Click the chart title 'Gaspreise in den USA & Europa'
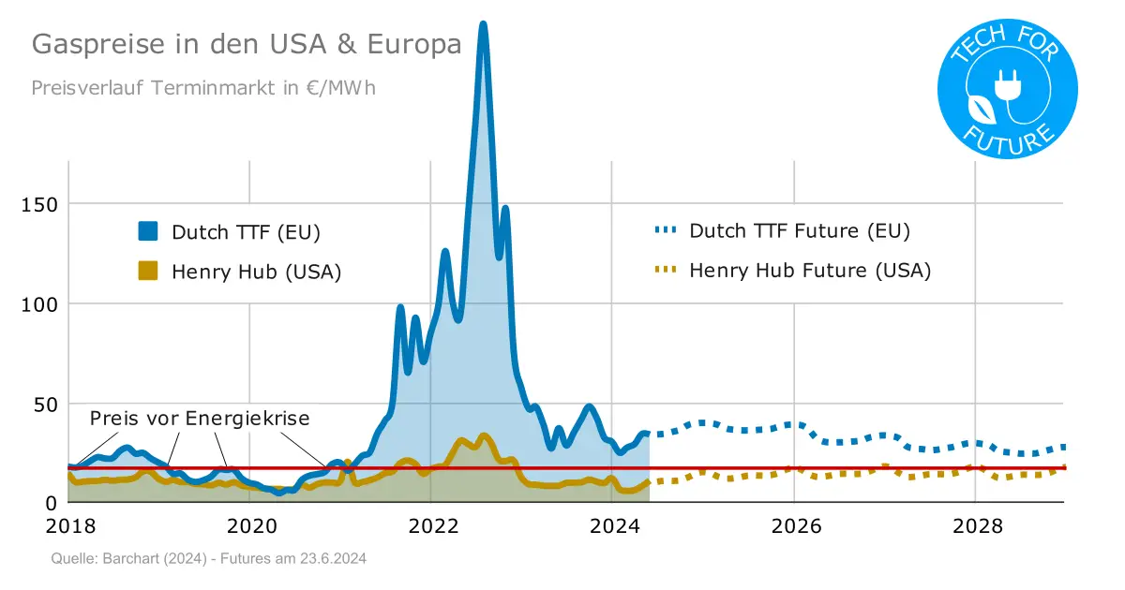tap(247, 45)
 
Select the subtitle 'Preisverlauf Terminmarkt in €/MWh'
tap(203, 88)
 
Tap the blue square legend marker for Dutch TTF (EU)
tap(148, 231)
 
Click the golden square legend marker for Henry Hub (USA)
tap(148, 272)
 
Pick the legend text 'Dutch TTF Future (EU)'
tap(800, 230)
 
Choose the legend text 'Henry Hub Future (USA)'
tap(810, 271)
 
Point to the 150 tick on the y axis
tap(39, 204)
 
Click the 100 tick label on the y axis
tap(39, 304)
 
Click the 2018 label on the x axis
tap(69, 526)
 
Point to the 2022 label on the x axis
tap(432, 526)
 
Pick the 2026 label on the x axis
tap(794, 526)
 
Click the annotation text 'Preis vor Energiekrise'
tap(200, 419)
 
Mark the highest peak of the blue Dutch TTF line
tap(483, 25)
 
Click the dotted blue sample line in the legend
tap(664, 230)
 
